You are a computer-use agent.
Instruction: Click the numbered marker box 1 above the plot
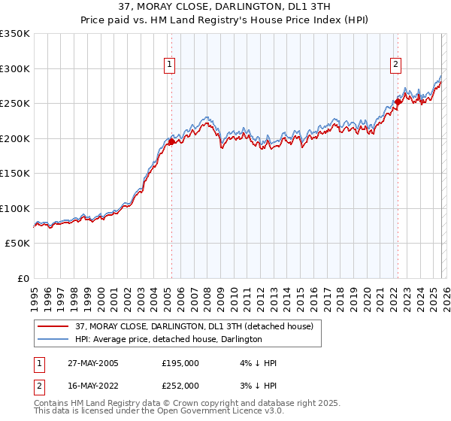(x=171, y=65)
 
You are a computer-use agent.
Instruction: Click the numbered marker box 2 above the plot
(x=395, y=65)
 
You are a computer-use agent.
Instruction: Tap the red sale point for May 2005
(x=171, y=141)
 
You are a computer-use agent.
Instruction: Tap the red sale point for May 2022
(x=398, y=101)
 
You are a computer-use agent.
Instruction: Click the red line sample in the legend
(x=53, y=326)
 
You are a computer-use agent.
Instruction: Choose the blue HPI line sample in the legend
(x=53, y=339)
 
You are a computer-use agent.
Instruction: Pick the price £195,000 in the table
(x=180, y=363)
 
